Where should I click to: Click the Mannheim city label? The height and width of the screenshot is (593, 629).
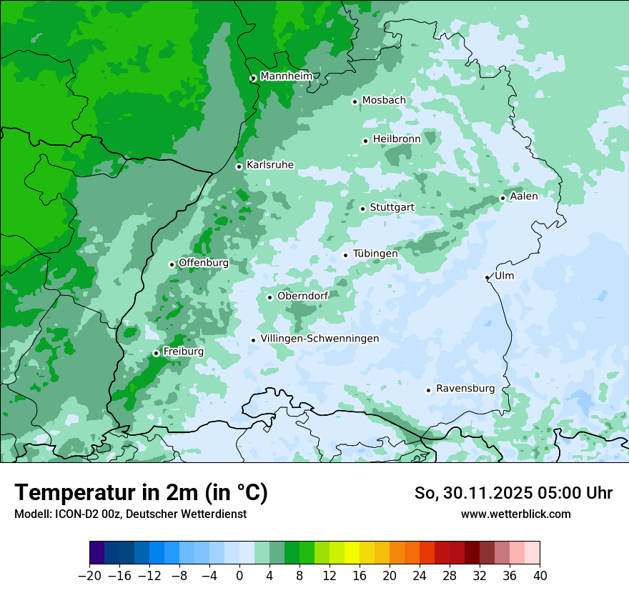287,76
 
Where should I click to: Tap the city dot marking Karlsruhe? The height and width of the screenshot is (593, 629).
239,166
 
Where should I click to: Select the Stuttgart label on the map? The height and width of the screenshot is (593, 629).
392,208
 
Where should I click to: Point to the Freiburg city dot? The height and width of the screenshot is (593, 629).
156,353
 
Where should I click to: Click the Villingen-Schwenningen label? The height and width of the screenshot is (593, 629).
320,339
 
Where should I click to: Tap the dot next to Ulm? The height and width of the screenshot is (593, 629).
487,277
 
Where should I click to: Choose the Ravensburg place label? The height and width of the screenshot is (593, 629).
465,389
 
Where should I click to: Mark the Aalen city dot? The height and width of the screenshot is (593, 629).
502,198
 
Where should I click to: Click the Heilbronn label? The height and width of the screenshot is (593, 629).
397,139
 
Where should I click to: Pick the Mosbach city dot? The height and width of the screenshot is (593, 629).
355,101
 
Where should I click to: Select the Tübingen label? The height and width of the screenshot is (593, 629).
375,254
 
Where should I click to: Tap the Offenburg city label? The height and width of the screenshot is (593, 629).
204,263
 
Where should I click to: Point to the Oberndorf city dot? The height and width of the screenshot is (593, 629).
269,297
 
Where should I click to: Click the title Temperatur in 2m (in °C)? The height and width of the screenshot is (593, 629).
141,492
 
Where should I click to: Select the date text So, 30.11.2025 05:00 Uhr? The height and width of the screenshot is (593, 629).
513,493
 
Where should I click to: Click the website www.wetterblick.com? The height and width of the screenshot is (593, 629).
515,514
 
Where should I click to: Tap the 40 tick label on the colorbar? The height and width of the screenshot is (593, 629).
540,576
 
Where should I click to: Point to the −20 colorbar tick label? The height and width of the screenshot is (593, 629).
89,576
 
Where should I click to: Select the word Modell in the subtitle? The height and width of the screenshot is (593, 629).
31,514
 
